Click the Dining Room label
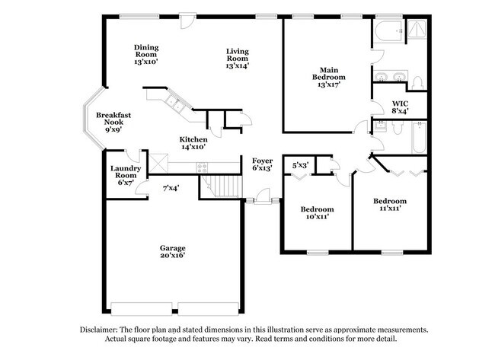[145, 54]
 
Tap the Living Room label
[238, 59]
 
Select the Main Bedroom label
[329, 77]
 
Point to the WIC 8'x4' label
[401, 107]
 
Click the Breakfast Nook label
[110, 123]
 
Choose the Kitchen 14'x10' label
[193, 144]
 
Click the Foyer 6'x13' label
[263, 164]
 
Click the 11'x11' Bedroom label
[389, 205]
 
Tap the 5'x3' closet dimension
[301, 164]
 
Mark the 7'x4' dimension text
[171, 187]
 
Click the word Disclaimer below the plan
[102, 330]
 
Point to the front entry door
[263, 201]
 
